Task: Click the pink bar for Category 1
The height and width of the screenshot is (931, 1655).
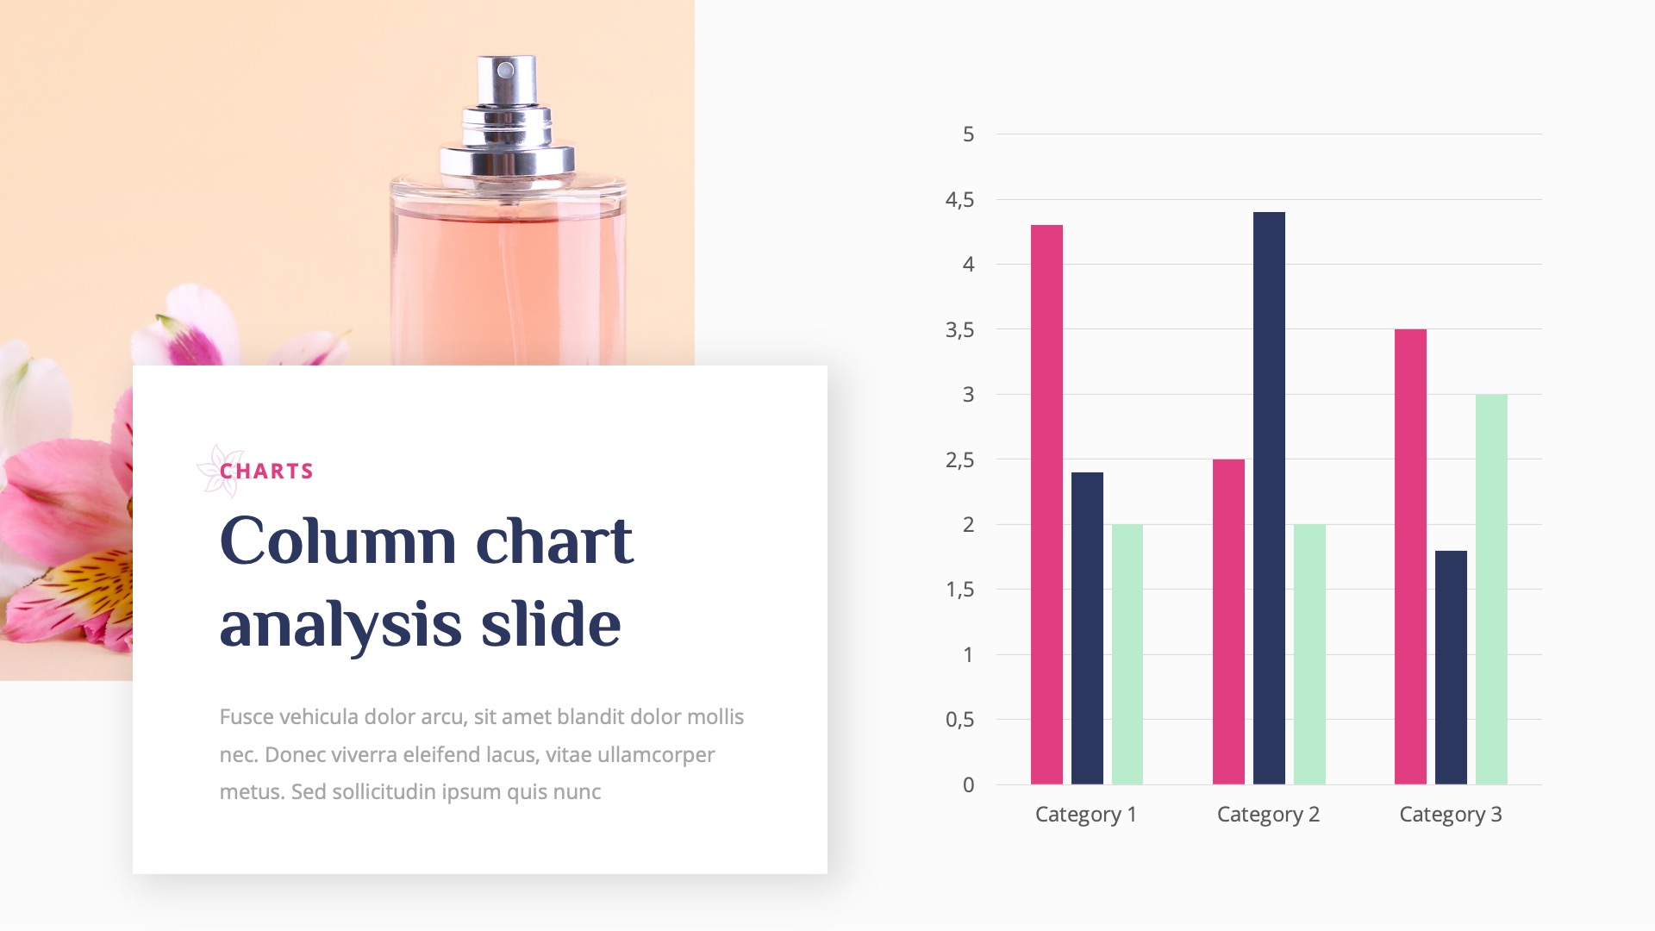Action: [x=1046, y=504]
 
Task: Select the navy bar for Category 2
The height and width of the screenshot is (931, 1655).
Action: [x=1269, y=498]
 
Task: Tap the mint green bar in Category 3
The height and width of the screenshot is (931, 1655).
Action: [x=1491, y=590]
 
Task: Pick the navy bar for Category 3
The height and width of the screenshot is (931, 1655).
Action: [x=1451, y=667]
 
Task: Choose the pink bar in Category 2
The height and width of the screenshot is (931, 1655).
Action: [x=1228, y=622]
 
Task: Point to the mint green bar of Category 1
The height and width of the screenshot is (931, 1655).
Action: [x=1127, y=654]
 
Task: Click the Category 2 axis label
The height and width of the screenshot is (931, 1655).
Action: [x=1268, y=815]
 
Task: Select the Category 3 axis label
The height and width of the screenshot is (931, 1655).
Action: [x=1450, y=815]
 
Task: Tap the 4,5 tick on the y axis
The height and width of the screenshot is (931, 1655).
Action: [x=959, y=200]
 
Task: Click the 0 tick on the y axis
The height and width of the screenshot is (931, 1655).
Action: [x=968, y=785]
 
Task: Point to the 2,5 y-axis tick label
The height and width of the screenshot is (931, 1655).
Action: [x=959, y=460]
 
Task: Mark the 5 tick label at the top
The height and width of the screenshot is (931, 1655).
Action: [x=968, y=134]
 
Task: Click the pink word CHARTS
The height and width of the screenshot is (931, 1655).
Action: [x=266, y=472]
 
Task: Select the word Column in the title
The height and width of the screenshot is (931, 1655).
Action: [x=337, y=542]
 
